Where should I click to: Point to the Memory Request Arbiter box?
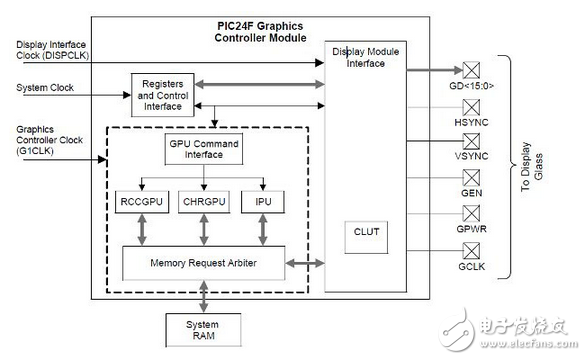203,263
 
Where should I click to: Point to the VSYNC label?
471,157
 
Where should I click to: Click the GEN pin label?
471,193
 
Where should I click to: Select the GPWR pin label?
471,229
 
